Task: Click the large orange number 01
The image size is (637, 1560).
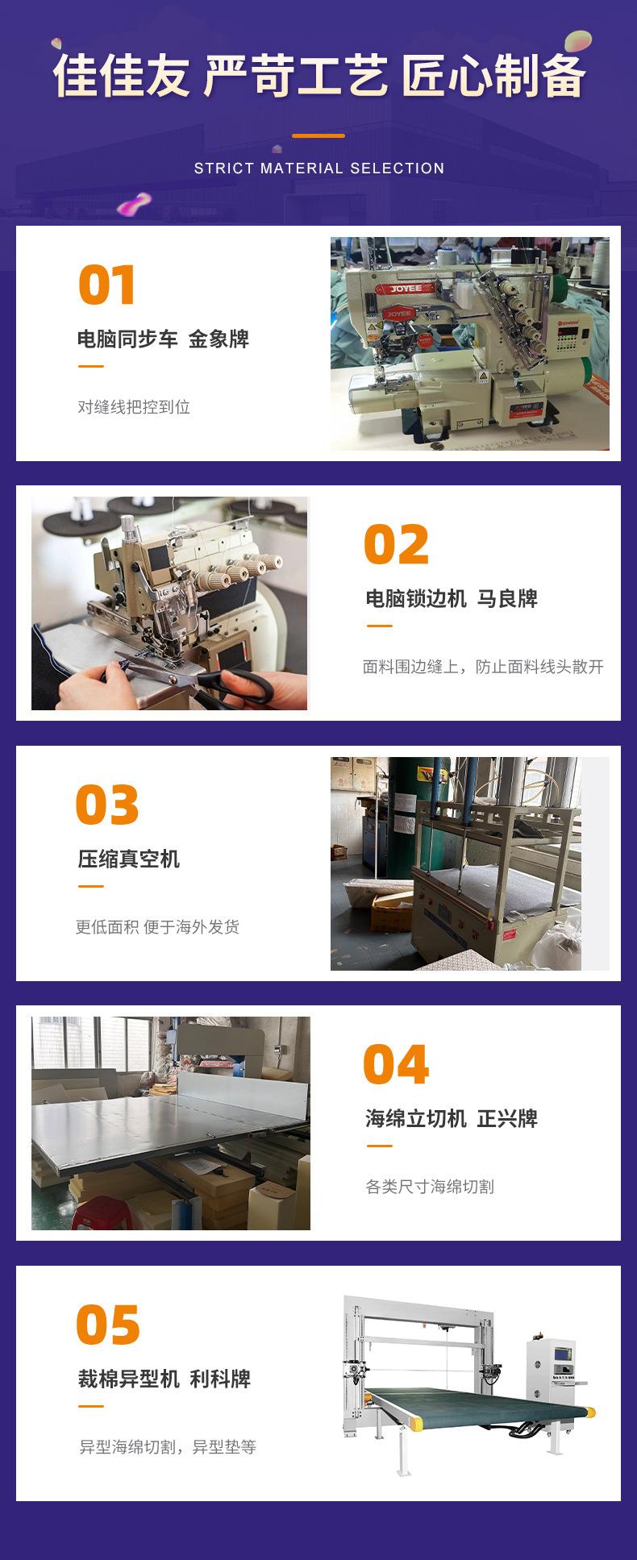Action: coord(107,285)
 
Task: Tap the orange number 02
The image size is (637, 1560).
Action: coord(396,545)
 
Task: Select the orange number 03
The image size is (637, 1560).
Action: coord(107,805)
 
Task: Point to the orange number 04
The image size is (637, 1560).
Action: coord(396,1065)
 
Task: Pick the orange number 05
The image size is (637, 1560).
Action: coord(108,1325)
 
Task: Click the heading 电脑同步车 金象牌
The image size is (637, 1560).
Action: coord(163,339)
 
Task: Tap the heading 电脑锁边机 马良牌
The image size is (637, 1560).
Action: coord(452,599)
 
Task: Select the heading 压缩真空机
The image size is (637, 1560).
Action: coord(129,859)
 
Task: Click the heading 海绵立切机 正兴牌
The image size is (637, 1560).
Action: coord(452,1118)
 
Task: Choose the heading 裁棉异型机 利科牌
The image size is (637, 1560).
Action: coord(164,1379)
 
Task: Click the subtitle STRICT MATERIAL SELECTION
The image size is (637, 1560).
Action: coord(319,168)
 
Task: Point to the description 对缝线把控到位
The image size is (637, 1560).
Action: coord(134,407)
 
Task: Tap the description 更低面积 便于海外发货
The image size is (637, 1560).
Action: coord(158,927)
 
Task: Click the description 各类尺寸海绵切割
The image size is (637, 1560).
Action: coord(430,1187)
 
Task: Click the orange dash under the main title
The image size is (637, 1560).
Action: coord(318,135)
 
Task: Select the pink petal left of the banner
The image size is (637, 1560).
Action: coord(134,204)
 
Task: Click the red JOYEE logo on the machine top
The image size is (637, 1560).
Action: coord(407,288)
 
